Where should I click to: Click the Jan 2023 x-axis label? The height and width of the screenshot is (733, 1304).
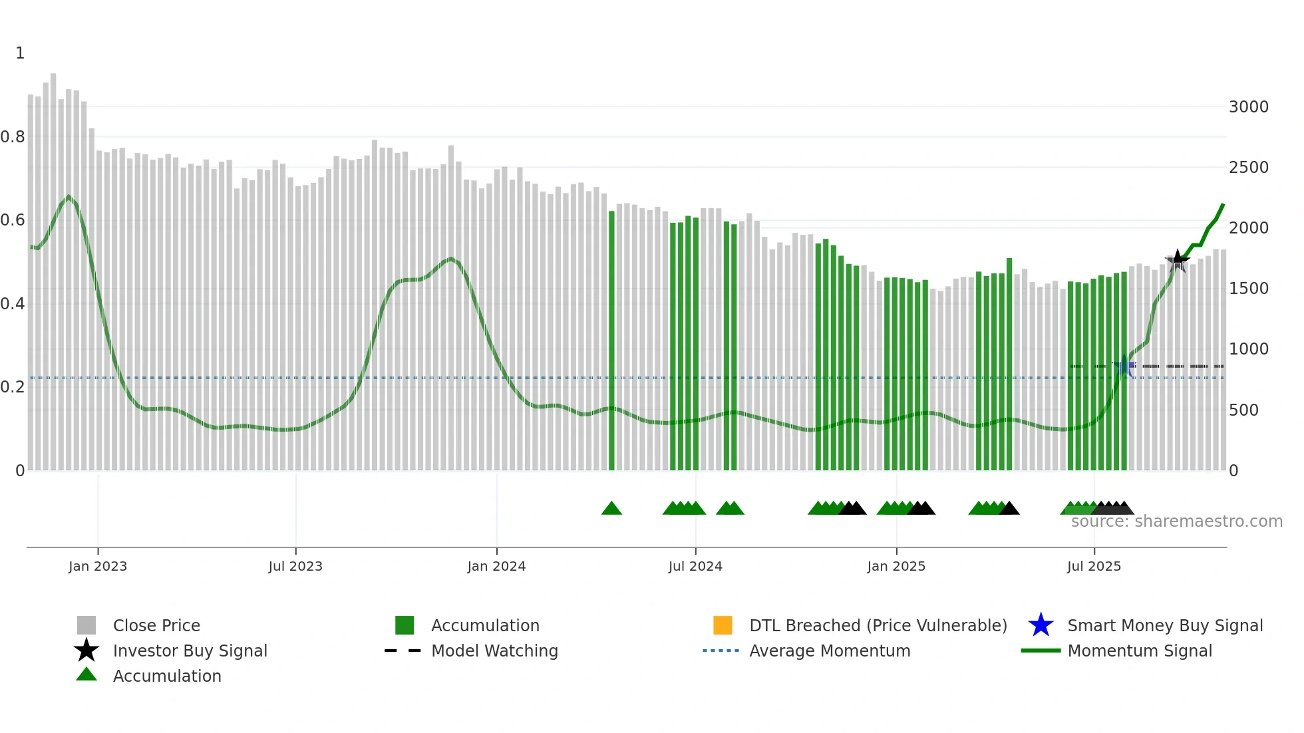coord(98,566)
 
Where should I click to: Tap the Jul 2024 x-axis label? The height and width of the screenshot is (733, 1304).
coord(695,566)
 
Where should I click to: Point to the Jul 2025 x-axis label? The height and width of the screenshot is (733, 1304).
coord(1094,566)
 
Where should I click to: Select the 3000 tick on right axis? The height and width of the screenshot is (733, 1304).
coord(1249,106)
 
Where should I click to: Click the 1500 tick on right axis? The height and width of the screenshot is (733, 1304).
coord(1249,288)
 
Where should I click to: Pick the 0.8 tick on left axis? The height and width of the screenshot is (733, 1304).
coord(13,137)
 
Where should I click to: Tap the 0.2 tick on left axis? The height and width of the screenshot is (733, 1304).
coord(13,386)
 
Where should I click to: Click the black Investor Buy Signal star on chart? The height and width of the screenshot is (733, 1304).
coord(1178,260)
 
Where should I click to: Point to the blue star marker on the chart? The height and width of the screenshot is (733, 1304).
coord(1124,366)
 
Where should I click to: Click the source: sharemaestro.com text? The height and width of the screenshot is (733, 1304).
coord(1176,521)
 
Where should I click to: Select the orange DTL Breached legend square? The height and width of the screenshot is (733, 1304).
coord(723,625)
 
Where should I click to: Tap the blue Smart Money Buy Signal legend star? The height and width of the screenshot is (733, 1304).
coord(1041,625)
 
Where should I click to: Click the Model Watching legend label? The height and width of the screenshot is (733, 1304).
coord(494,651)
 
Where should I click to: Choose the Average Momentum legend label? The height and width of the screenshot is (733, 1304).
coord(830,651)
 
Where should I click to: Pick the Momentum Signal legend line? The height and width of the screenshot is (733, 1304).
coord(1041,651)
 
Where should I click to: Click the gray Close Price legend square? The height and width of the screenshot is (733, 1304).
coord(86,625)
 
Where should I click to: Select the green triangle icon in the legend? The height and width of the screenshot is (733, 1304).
coord(86,674)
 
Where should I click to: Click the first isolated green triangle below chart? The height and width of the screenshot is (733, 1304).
coord(611,509)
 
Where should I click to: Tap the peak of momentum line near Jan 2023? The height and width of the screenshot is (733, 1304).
coord(69,196)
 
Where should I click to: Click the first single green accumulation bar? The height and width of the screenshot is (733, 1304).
coord(611,339)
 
